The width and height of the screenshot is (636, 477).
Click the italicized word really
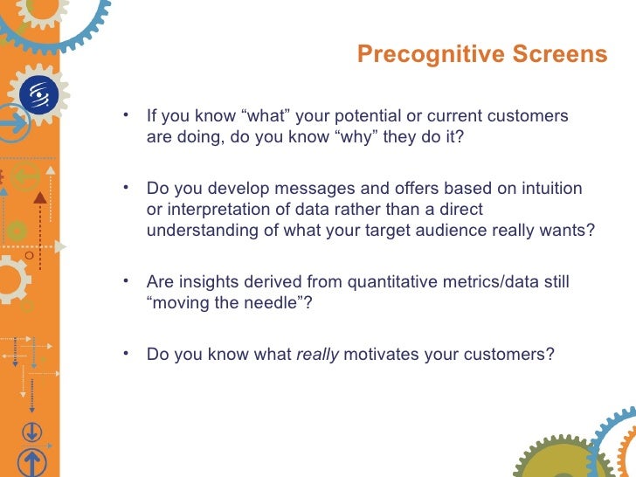(318, 356)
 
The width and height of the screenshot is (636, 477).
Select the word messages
(296, 189)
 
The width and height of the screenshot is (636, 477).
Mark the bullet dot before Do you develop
(128, 187)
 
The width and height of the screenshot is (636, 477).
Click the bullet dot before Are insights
(128, 280)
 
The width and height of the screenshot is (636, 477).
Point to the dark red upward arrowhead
(38, 198)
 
